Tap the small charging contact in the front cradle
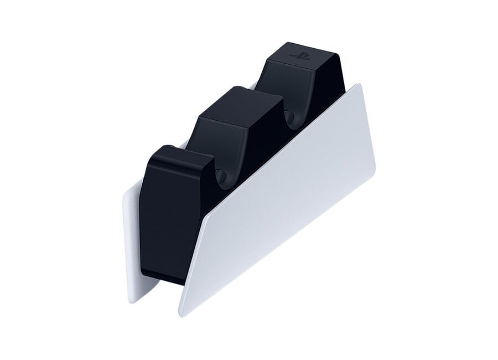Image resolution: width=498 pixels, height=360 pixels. [x=225, y=176]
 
